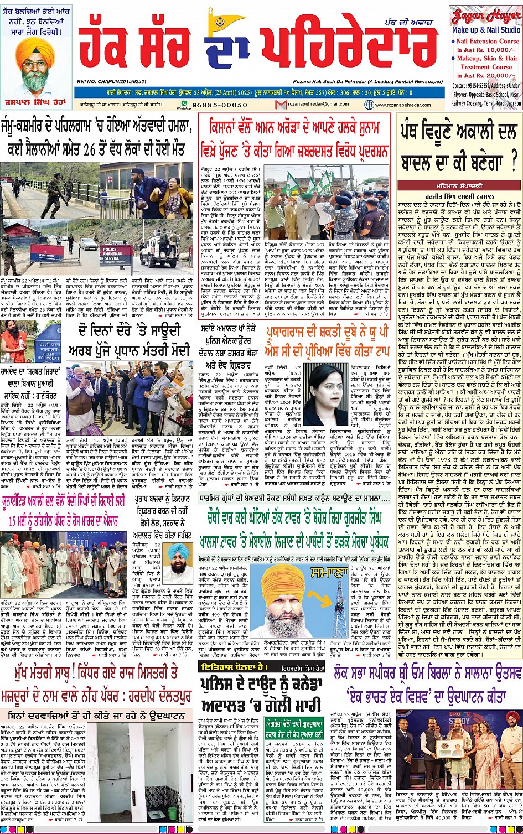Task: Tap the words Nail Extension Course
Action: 487,41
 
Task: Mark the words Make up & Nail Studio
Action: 485,29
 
